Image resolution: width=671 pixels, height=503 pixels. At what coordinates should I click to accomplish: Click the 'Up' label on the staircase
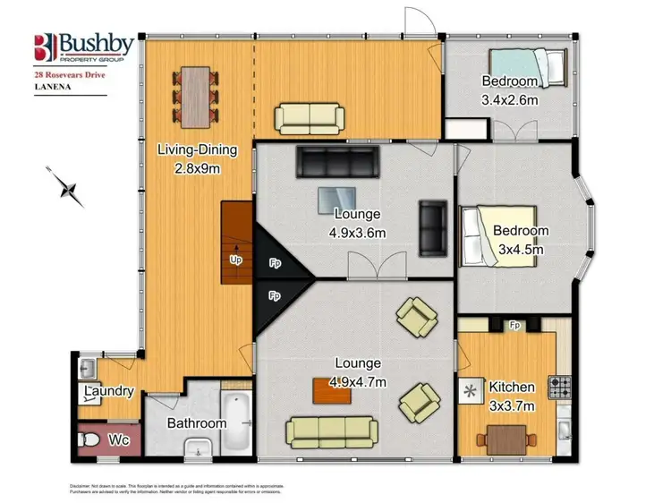(236, 260)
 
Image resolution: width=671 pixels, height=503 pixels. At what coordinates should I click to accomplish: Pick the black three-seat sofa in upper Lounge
(338, 162)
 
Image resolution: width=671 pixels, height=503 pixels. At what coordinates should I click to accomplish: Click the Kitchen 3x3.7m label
(512, 395)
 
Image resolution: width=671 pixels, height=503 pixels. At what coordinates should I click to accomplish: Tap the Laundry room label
(109, 391)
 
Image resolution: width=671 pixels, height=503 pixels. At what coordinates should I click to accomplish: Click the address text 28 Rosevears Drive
(70, 77)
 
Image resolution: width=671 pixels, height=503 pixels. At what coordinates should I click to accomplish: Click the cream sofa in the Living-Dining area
(309, 117)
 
